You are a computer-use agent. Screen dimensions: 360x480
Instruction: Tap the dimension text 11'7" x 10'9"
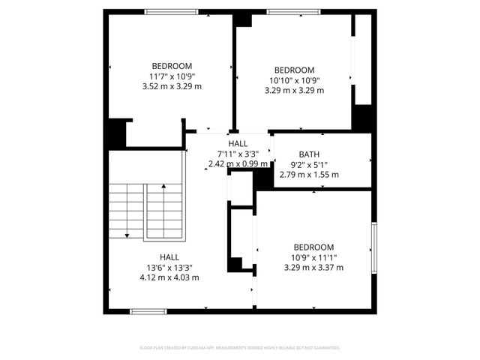coord(172,76)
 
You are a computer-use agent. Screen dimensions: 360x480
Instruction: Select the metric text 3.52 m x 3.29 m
coord(172,86)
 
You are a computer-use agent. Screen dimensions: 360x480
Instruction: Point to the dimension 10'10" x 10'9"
coord(294,80)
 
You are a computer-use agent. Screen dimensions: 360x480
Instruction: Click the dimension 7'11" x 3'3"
coord(238,154)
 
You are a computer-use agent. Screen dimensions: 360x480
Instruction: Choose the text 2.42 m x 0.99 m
coord(238,163)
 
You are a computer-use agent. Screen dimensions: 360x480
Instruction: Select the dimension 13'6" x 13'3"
coord(169,267)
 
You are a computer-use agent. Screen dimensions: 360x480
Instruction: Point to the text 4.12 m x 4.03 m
coord(169,277)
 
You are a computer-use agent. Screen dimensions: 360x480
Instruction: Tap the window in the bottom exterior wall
coord(148,310)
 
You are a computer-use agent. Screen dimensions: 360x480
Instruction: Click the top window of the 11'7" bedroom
coord(171,11)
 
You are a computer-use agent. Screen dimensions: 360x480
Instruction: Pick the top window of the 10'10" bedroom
coord(292,11)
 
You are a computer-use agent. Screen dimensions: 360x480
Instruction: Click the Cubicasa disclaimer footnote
coord(240,348)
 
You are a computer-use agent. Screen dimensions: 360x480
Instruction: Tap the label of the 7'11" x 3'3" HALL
coord(238,143)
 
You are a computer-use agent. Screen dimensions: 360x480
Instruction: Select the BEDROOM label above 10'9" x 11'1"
coord(313,247)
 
